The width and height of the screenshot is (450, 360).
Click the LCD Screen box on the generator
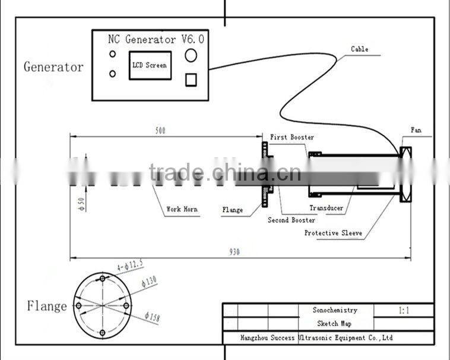pos(150,65)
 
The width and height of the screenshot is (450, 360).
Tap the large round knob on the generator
pos(191,55)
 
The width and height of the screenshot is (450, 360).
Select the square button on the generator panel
pos(191,80)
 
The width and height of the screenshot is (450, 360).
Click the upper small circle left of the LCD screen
pos(113,53)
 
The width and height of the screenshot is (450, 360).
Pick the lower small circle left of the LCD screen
pos(113,74)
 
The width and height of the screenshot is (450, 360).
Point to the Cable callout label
pos(360,49)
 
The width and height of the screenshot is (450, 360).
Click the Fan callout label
pos(416,130)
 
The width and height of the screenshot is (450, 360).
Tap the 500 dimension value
pos(160,131)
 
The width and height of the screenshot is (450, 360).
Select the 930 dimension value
pos(234,252)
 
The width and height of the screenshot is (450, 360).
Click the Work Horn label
pos(182,209)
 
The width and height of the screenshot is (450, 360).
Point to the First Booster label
pos(292,137)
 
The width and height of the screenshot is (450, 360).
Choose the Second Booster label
pos(291,220)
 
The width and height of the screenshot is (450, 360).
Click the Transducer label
pos(327,208)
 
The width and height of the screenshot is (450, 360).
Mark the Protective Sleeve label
pos(333,233)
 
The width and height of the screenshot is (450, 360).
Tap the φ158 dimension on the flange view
pos(152,317)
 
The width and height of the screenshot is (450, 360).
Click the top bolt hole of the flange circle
pos(103,278)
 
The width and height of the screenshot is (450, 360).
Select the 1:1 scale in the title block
pos(404,310)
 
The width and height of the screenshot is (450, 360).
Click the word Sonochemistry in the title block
pos(335,310)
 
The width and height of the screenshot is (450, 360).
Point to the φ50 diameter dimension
pos(82,204)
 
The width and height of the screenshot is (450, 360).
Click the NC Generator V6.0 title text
pos(156,39)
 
